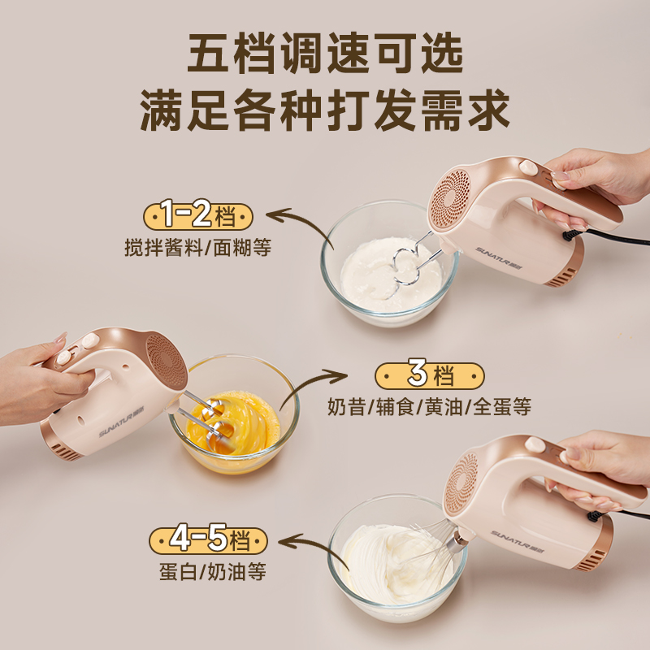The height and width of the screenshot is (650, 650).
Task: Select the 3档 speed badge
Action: [x=430, y=375]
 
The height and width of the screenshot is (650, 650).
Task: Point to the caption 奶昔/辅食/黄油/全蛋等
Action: [x=430, y=407]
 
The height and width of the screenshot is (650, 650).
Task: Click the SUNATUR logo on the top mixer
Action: [x=501, y=240]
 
